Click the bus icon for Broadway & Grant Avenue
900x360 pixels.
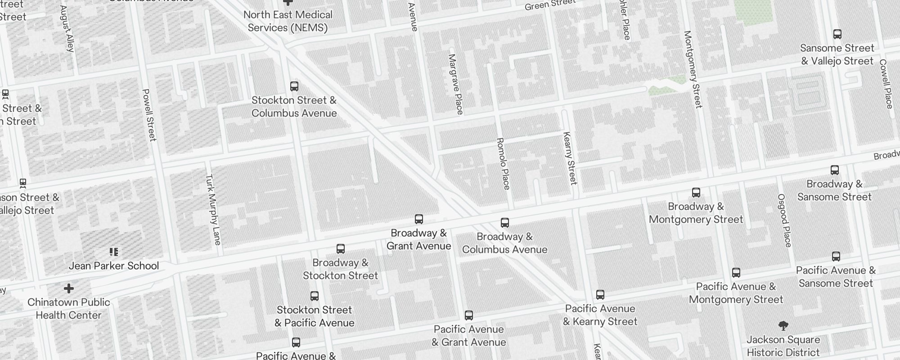pyautogui.click(x=419, y=219)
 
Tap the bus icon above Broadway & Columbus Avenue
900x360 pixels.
pyautogui.click(x=505, y=223)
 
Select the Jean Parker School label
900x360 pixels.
pyautogui.click(x=114, y=266)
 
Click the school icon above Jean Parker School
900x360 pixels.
pyautogui.click(x=114, y=252)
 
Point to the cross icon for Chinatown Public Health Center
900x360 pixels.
pyautogui.click(x=69, y=288)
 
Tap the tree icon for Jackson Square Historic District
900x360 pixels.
pyautogui.click(x=783, y=326)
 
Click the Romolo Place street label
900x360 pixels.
pyautogui.click(x=503, y=163)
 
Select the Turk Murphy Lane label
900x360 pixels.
pyautogui.click(x=213, y=209)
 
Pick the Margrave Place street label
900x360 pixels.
pyautogui.click(x=456, y=84)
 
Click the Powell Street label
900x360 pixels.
pyautogui.click(x=149, y=115)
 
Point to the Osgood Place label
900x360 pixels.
pyautogui.click(x=784, y=220)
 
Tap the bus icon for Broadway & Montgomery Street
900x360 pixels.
pyautogui.click(x=696, y=193)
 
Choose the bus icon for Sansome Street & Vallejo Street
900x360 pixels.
pyautogui.click(x=837, y=34)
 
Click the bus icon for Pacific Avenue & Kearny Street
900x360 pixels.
pyautogui.click(x=600, y=295)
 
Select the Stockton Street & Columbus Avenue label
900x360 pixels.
pyautogui.click(x=294, y=107)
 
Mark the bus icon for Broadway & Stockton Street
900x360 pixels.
pyautogui.click(x=341, y=249)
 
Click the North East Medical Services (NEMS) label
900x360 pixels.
pyautogui.click(x=288, y=21)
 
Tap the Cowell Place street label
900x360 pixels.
pyautogui.click(x=886, y=84)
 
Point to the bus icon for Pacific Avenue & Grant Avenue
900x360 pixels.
pyautogui.click(x=469, y=315)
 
